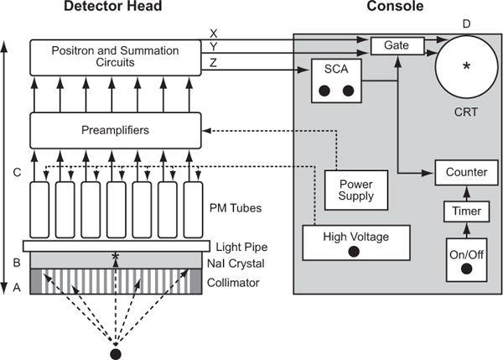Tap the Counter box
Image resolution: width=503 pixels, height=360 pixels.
pos(466,172)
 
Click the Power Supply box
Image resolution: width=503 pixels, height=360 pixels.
pos(355,190)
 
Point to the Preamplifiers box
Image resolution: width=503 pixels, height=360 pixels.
pos(116,131)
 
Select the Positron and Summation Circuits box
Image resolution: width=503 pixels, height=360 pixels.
pos(116,57)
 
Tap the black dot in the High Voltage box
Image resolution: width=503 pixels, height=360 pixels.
pos(356,251)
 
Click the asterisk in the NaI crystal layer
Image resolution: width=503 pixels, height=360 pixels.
pos(115,258)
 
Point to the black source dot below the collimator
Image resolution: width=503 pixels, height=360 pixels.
pos(116,352)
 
